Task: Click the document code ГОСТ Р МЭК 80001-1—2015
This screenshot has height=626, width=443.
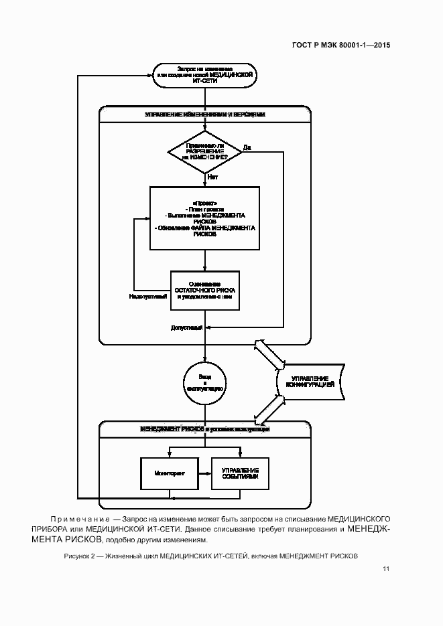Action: tap(341, 46)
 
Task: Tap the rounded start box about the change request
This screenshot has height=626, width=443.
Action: tap(204, 74)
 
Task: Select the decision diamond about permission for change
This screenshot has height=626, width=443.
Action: tap(204, 151)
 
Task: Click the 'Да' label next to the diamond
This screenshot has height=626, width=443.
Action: tap(247, 147)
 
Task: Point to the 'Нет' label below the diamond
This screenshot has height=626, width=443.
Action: tap(212, 177)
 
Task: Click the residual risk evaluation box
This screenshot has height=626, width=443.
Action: tap(204, 290)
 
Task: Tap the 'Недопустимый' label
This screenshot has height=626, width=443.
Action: tap(147, 297)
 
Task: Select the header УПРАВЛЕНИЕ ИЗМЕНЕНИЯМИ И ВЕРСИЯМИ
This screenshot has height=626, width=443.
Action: tap(204, 114)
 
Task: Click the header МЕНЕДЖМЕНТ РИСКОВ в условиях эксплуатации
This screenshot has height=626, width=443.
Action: tap(204, 428)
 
